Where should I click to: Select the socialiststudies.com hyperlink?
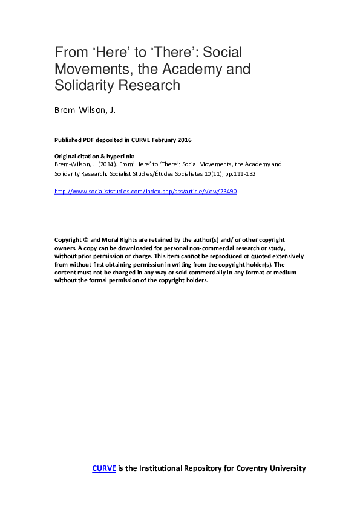(145, 191)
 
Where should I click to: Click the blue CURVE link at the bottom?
(103, 468)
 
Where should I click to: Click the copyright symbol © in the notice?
(86, 239)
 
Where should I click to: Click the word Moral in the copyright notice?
(113, 239)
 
